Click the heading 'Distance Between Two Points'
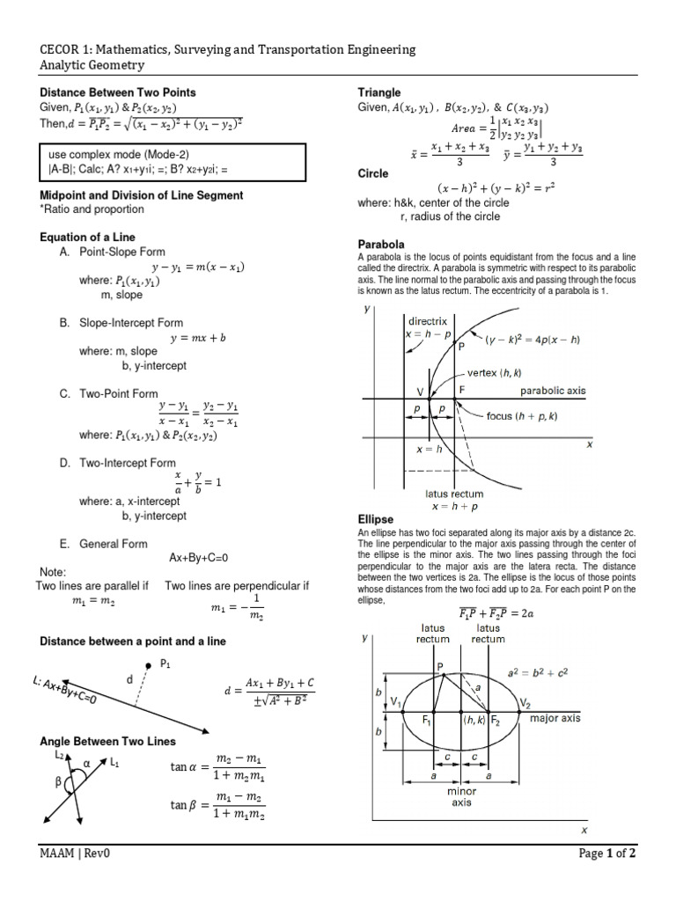[x=118, y=92]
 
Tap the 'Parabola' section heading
[x=380, y=244]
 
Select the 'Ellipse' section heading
[x=375, y=520]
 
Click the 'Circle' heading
[x=373, y=174]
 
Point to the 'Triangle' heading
[x=379, y=92]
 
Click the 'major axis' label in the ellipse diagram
[x=555, y=718]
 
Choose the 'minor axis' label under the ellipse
[x=462, y=796]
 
